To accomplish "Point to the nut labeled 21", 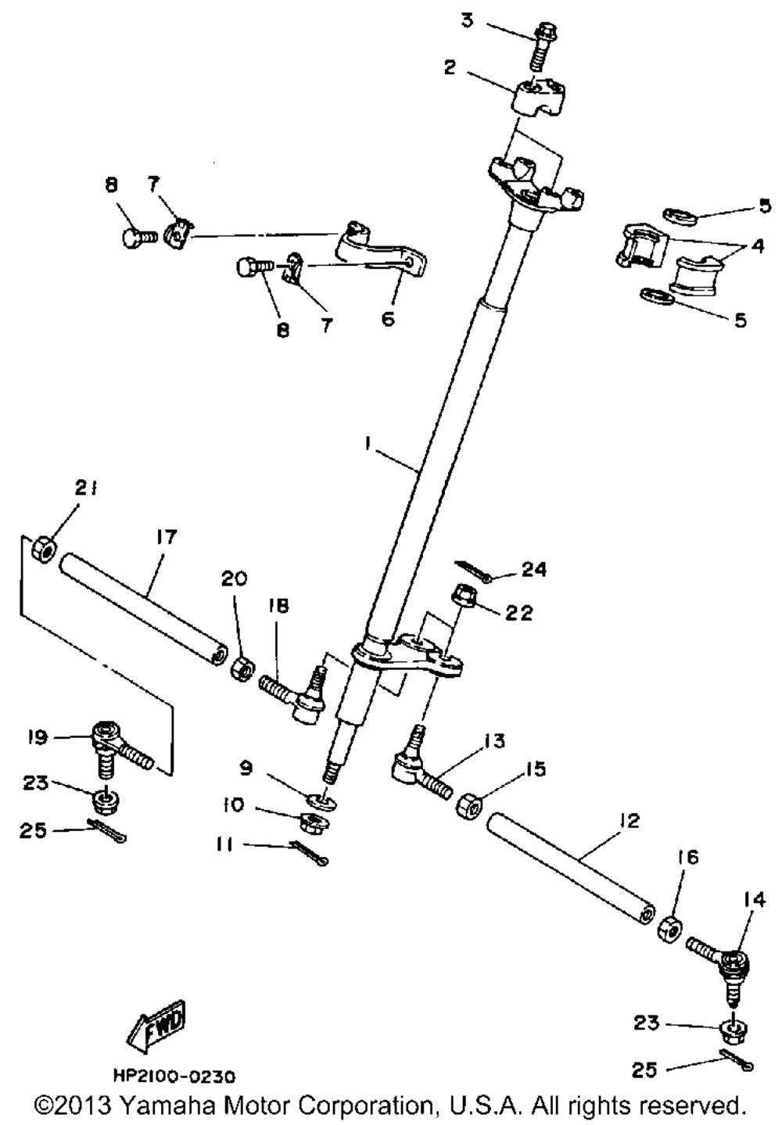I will point(42,550).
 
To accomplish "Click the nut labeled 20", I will point(242,669).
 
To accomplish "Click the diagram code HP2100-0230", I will point(174,1077).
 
